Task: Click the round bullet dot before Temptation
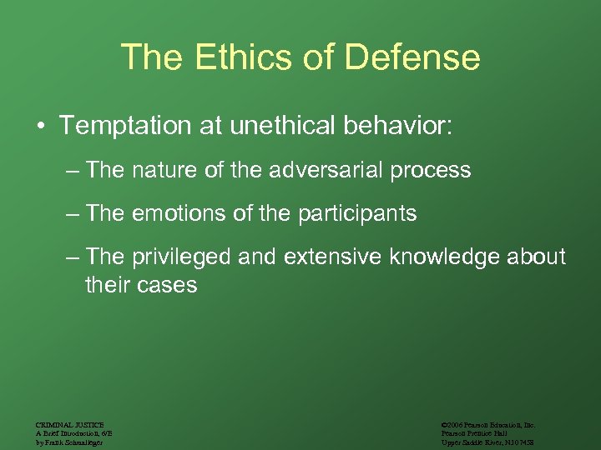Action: (x=40, y=127)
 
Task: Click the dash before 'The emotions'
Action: (x=73, y=214)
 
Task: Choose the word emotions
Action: (x=182, y=214)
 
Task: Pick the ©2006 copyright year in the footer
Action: (x=454, y=424)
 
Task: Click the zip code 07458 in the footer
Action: (x=524, y=442)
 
